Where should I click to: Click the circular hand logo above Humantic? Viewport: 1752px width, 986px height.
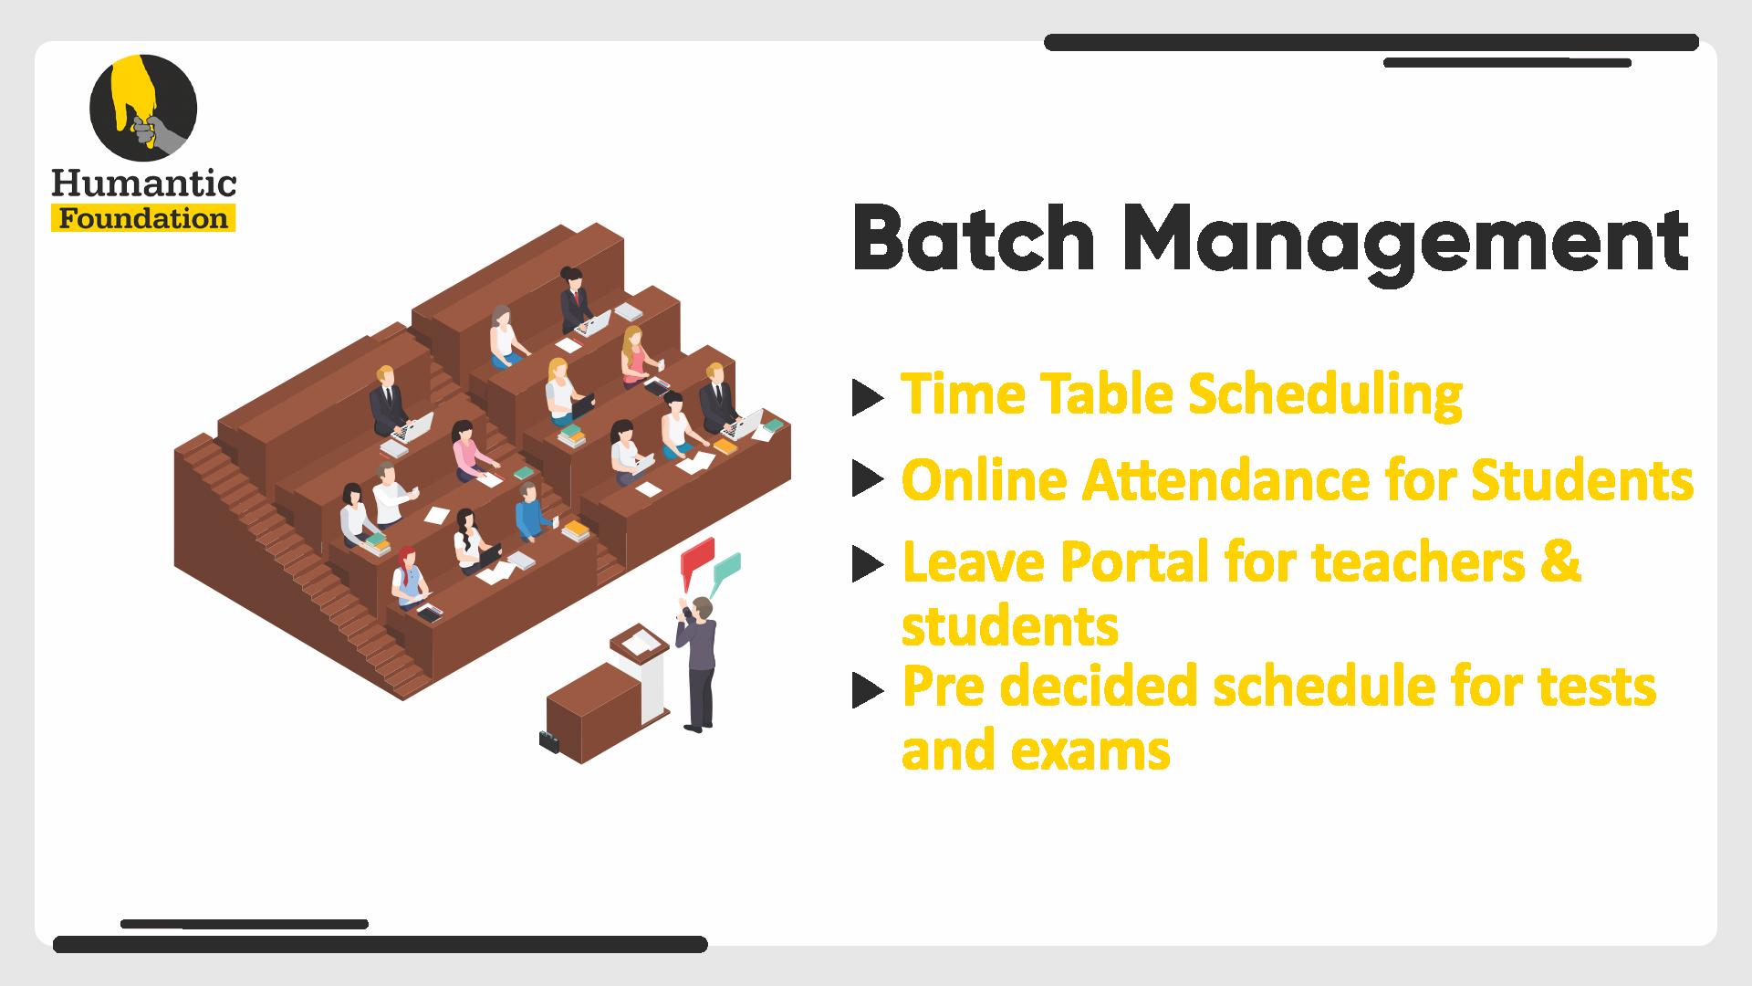(143, 108)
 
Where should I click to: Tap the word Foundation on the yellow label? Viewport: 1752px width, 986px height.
(143, 219)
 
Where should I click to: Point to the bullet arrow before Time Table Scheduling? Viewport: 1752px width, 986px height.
(868, 397)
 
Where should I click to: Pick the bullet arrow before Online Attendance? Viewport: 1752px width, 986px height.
(868, 479)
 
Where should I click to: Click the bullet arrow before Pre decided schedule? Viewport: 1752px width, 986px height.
(868, 690)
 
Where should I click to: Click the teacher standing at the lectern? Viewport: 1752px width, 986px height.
(698, 663)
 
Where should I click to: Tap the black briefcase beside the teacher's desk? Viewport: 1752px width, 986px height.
(549, 740)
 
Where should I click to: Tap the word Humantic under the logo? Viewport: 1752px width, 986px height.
(144, 184)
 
